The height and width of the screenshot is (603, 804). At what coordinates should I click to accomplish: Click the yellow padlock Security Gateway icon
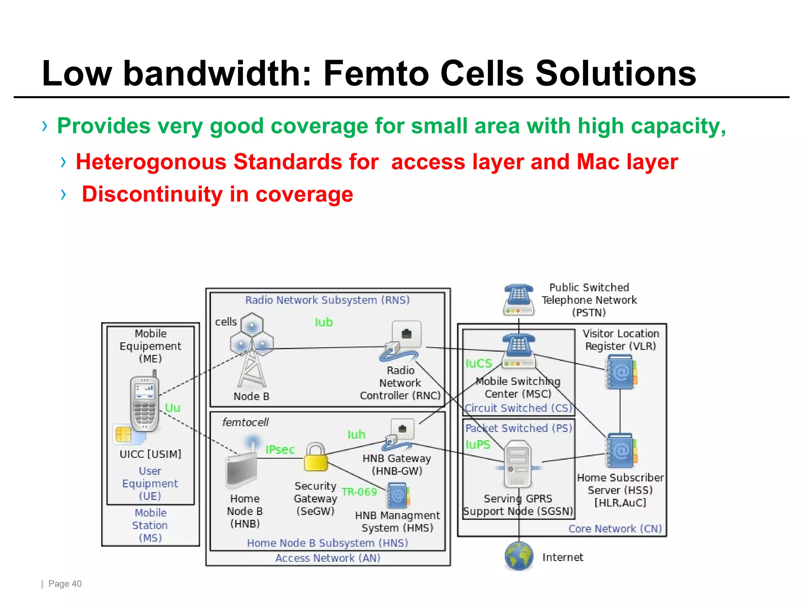point(316,457)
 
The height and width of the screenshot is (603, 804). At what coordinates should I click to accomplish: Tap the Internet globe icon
point(519,556)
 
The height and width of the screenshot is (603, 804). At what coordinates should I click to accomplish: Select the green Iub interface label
point(323,322)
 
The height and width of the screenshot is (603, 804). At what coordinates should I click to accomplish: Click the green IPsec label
point(280,450)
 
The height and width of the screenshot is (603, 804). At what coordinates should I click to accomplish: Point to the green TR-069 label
point(359,492)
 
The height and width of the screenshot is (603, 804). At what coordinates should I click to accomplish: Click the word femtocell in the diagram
point(245,422)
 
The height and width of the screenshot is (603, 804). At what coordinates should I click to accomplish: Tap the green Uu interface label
point(172,407)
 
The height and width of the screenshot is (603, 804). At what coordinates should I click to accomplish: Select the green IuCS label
point(478,364)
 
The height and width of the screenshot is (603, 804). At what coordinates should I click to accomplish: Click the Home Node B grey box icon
point(241,471)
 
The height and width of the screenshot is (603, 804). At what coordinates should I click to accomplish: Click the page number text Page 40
point(65,584)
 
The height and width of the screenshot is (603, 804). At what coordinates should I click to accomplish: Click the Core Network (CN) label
point(615,529)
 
